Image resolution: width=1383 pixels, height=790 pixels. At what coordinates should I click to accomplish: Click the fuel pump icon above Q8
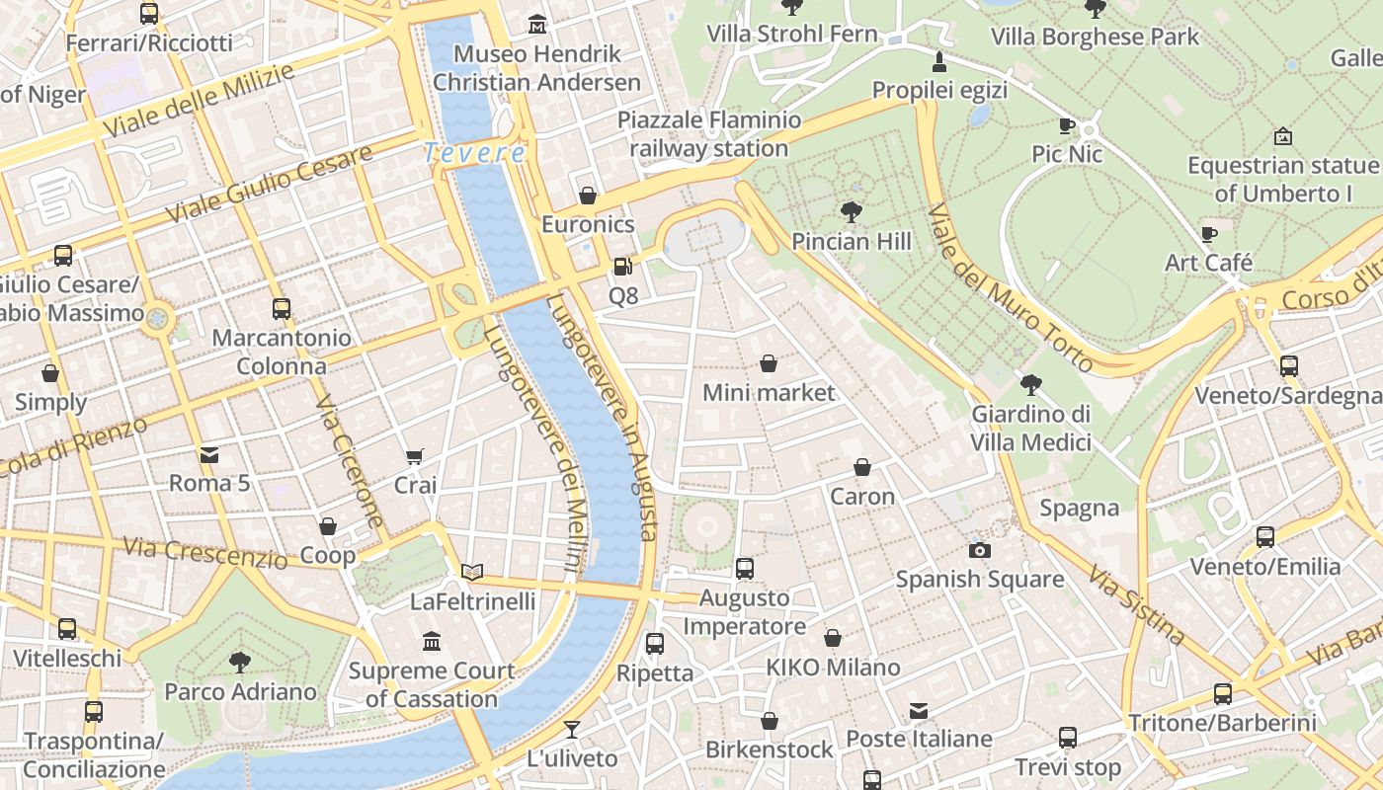pos(621,266)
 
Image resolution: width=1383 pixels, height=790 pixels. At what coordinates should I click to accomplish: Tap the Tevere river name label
pos(474,153)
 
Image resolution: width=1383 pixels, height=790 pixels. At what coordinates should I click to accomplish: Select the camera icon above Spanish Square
pos(980,550)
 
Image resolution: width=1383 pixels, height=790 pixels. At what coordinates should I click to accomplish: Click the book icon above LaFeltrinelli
pos(472,572)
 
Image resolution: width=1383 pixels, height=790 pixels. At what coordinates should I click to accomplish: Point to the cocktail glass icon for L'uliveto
pos(572,730)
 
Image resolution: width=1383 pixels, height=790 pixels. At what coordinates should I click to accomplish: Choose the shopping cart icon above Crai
pos(415,456)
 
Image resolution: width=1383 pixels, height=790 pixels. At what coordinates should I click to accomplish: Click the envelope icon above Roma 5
pos(209,454)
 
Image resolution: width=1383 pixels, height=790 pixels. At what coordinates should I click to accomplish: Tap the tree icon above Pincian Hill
pos(851,211)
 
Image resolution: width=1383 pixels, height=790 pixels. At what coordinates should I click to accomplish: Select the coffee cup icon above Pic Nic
pos(1067,125)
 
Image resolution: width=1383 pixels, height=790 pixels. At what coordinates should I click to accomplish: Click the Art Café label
pos(1208,263)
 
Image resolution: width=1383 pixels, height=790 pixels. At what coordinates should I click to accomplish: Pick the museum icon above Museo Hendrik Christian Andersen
pos(536,24)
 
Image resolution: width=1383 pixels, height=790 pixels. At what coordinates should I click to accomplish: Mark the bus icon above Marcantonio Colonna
pos(282,308)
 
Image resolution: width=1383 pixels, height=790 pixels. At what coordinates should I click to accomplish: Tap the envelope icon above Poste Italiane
pos(919,710)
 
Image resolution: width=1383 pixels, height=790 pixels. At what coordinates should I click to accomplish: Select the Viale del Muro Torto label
pos(1010,288)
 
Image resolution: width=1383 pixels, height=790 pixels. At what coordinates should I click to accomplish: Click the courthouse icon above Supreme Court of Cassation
pos(432,642)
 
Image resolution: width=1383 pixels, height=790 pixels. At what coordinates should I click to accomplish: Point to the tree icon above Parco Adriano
pos(240,662)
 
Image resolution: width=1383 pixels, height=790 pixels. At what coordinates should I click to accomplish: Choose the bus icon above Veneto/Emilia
pos(1265,537)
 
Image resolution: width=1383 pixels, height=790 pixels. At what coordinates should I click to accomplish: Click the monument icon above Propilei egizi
pos(939,62)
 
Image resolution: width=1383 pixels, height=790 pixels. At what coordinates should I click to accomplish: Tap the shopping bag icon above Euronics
pos(588,196)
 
